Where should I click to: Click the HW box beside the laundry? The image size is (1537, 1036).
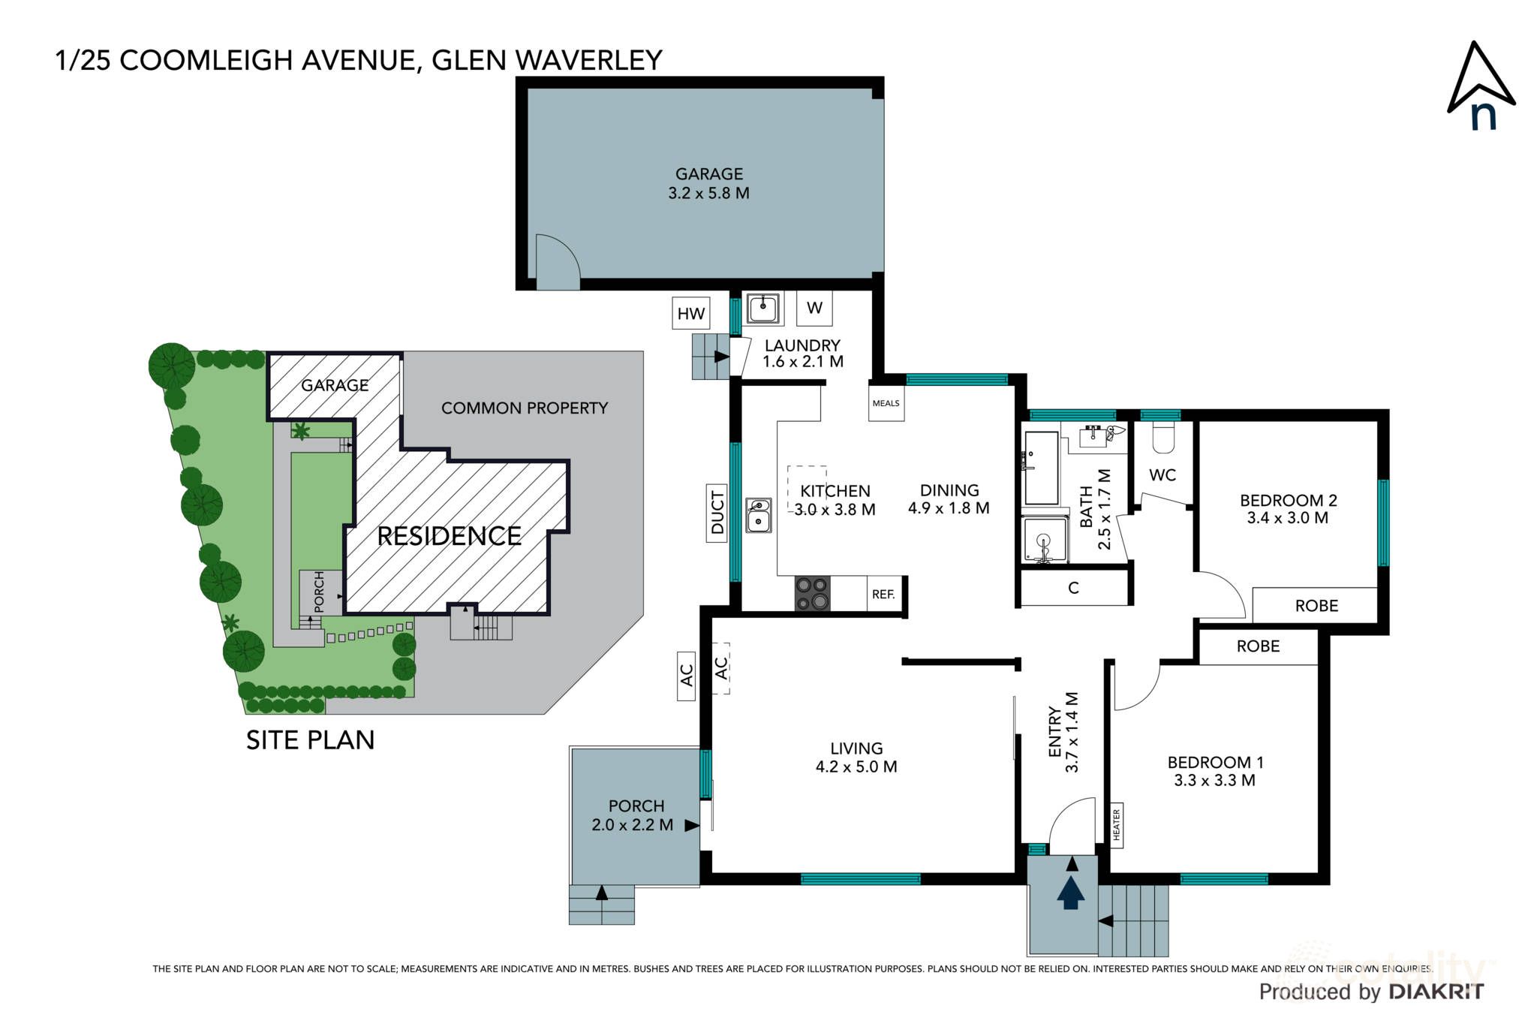click(690, 314)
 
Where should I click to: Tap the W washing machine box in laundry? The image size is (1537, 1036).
click(814, 308)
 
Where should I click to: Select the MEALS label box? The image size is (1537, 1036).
click(886, 403)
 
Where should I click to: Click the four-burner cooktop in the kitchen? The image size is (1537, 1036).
click(813, 594)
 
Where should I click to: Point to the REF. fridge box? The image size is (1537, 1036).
click(883, 595)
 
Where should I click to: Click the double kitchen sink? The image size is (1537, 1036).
click(758, 515)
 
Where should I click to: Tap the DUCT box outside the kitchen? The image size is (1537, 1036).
click(717, 512)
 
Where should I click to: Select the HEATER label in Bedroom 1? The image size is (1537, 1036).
click(1116, 824)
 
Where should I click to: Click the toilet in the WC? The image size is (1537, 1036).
click(1163, 438)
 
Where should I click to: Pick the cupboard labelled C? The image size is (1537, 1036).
click(1074, 588)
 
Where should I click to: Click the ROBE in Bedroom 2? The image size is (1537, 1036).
click(1316, 606)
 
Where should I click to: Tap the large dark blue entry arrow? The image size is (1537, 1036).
click(1071, 893)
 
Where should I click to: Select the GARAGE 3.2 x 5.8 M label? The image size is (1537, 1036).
click(708, 184)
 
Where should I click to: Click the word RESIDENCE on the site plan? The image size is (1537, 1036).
click(449, 536)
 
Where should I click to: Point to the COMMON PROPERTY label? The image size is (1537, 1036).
click(524, 408)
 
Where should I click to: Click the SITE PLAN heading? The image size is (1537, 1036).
click(310, 740)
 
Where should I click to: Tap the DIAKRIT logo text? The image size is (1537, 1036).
click(1436, 992)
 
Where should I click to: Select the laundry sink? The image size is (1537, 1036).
click(763, 309)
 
